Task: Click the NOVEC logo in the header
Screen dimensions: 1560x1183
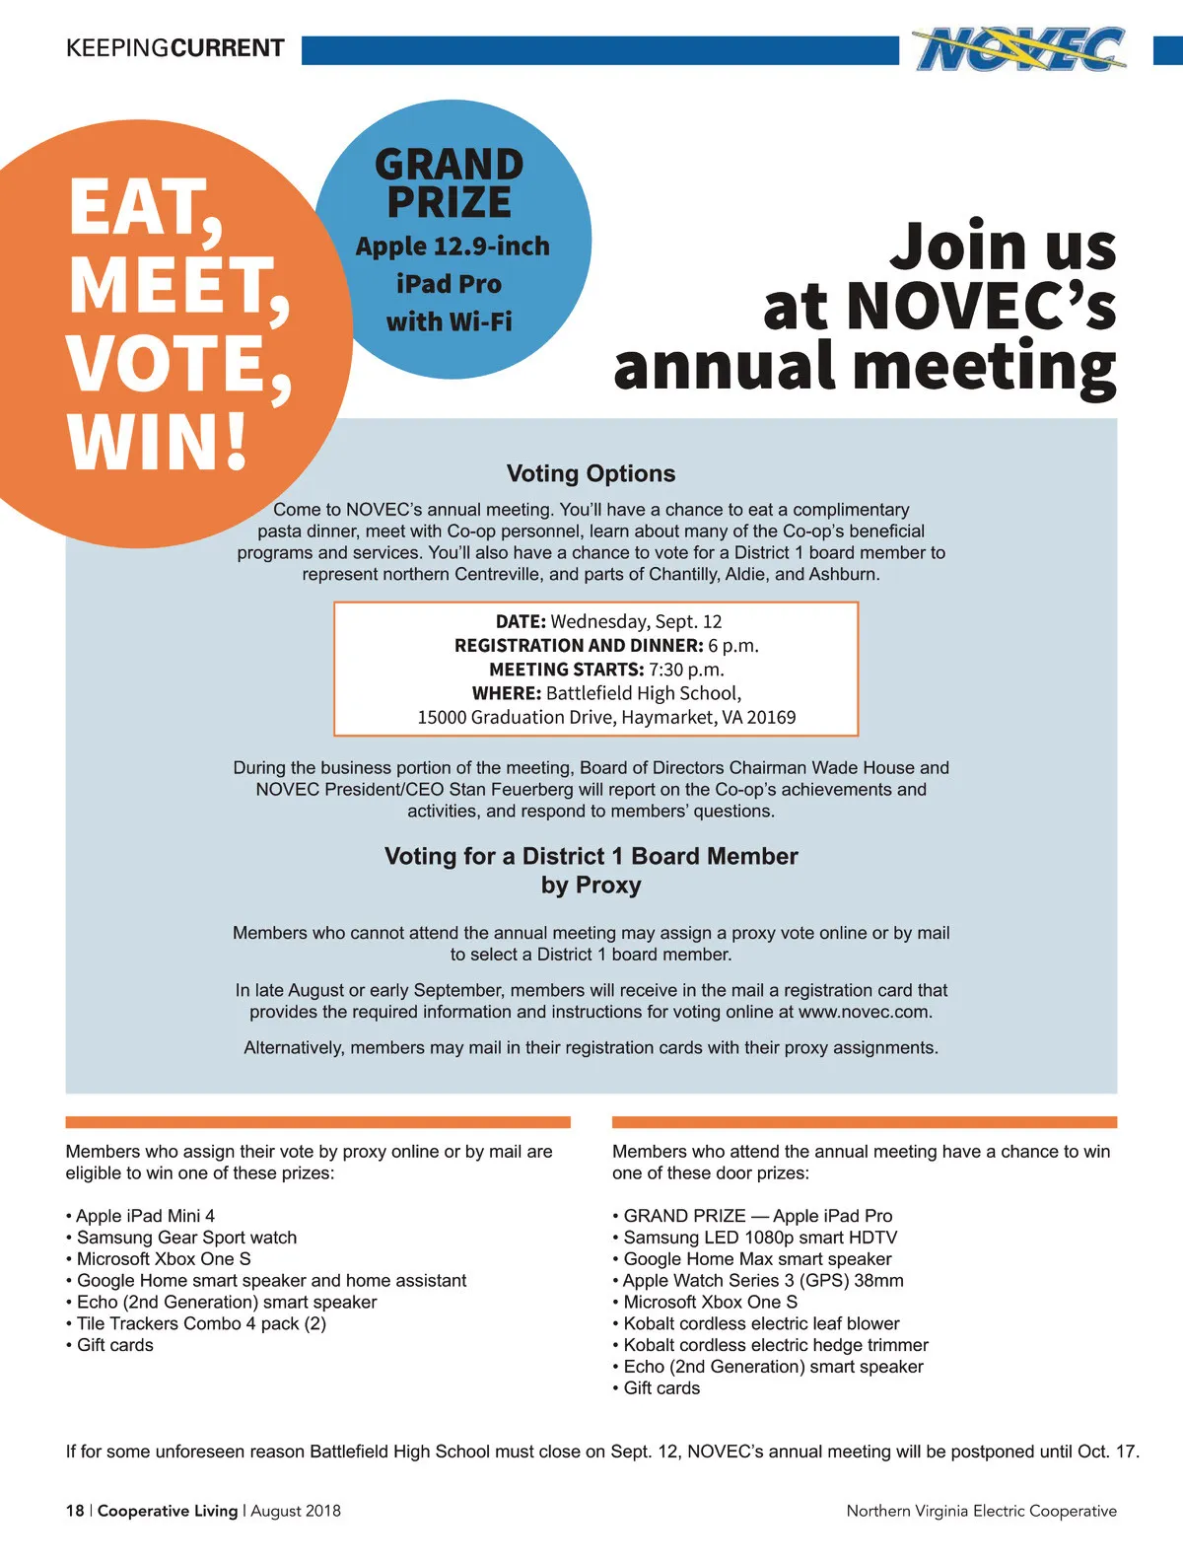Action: (1019, 49)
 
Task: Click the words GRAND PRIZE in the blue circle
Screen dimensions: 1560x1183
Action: (449, 183)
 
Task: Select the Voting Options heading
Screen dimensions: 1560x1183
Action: (591, 473)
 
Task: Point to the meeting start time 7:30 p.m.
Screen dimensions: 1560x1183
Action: (686, 670)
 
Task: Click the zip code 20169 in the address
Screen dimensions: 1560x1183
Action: (771, 717)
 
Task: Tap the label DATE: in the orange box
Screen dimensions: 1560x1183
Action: (521, 621)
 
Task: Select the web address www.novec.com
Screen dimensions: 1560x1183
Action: (864, 1012)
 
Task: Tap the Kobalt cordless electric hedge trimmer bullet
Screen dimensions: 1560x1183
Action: (775, 1345)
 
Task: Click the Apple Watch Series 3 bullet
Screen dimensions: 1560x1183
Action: (762, 1280)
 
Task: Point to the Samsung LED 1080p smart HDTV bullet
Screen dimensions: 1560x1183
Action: (759, 1238)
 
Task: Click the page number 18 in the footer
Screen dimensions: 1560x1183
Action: (75, 1511)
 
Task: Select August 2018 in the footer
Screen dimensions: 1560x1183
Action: (296, 1511)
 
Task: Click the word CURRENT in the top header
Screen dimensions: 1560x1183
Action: (228, 48)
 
